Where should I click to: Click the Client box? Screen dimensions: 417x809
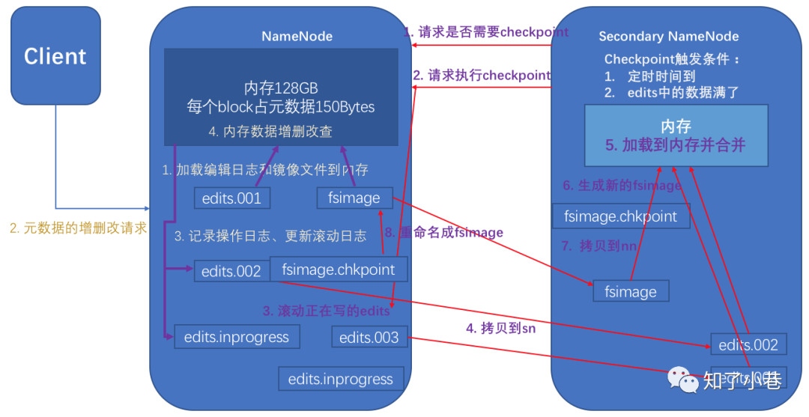pyautogui.click(x=55, y=56)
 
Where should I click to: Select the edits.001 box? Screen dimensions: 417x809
pyautogui.click(x=231, y=198)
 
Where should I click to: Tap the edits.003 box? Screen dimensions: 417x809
pyautogui.click(x=370, y=338)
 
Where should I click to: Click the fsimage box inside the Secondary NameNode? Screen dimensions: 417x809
pyautogui.click(x=630, y=292)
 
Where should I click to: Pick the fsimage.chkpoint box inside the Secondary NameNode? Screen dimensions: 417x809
pyautogui.click(x=620, y=216)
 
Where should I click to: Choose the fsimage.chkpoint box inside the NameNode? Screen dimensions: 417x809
pyautogui.click(x=339, y=270)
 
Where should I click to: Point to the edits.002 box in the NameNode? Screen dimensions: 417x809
pyautogui.click(x=231, y=272)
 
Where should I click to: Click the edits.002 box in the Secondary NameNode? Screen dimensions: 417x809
pyautogui.click(x=748, y=345)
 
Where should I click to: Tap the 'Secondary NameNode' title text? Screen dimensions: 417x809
pyautogui.click(x=668, y=37)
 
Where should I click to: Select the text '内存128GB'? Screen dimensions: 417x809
pyautogui.click(x=281, y=89)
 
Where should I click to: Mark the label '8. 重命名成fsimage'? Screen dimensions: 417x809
pyautogui.click(x=443, y=232)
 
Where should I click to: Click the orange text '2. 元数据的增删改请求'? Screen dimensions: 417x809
pyautogui.click(x=79, y=228)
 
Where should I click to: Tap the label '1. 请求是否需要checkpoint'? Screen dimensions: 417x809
pyautogui.click(x=485, y=32)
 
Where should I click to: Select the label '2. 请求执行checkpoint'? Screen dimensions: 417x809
pyautogui.click(x=482, y=76)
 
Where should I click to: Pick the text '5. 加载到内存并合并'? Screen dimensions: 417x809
pyautogui.click(x=676, y=144)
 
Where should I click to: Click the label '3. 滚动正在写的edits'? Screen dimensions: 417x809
pyautogui.click(x=326, y=310)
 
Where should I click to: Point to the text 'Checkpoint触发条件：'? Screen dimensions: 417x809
pyautogui.click(x=672, y=59)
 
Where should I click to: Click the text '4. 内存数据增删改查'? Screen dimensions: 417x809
pyautogui.click(x=270, y=132)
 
